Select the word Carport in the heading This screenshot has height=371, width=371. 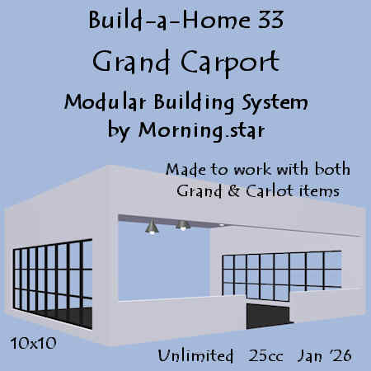230,63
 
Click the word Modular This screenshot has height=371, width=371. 105,102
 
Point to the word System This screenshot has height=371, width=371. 275,103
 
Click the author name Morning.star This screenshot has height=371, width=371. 201,130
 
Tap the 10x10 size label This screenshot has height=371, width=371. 33,343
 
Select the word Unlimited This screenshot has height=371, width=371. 195,355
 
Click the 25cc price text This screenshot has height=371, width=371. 265,356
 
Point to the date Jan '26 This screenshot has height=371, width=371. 324,356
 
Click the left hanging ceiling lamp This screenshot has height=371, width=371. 152,226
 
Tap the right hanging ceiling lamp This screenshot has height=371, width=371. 183,225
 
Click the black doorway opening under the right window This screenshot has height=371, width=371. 268,316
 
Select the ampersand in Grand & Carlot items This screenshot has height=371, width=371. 233,191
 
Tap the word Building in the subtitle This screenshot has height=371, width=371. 194,103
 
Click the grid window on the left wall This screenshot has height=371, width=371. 53,284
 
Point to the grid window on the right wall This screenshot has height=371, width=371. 282,275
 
